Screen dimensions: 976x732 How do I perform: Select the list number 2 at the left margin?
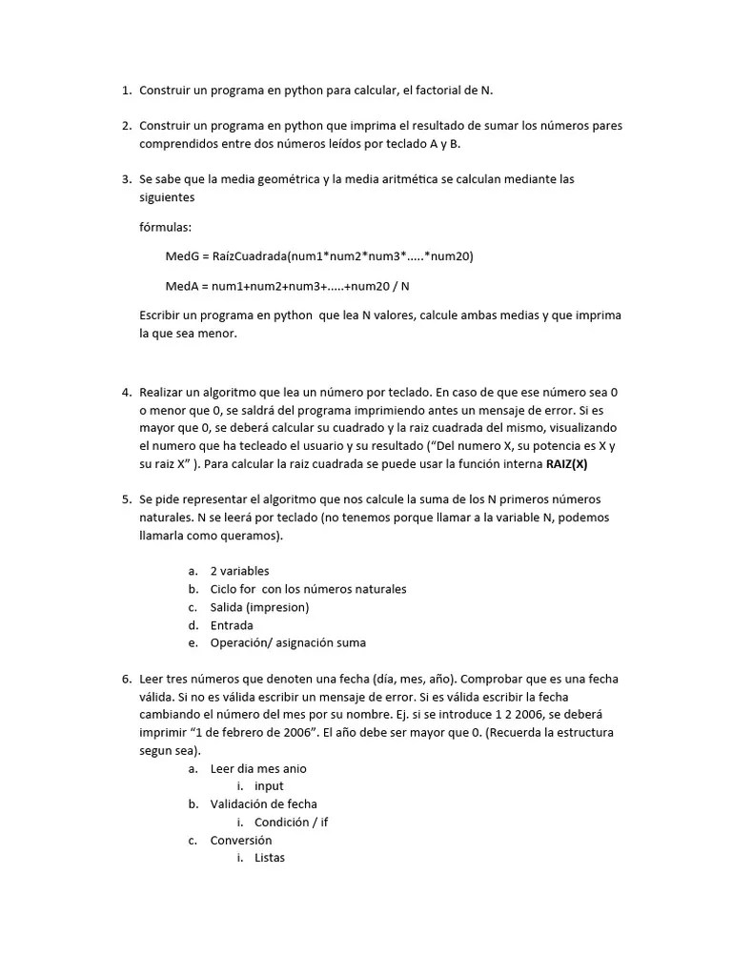coord(125,126)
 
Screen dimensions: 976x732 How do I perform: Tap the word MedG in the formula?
coord(181,256)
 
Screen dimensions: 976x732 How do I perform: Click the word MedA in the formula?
coord(181,286)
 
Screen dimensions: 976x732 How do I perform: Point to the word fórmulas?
coord(165,227)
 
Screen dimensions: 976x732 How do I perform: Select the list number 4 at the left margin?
coord(125,392)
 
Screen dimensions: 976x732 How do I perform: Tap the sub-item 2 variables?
coord(239,571)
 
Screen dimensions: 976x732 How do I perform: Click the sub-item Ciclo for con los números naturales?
coord(308,589)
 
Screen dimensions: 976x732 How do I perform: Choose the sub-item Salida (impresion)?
coord(259,607)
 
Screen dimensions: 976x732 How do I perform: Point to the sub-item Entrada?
coord(232,625)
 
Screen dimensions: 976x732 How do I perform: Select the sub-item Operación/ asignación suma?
coord(288,643)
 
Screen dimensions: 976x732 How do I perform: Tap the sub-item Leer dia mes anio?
coord(258,768)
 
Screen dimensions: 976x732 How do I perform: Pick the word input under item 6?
coord(269,786)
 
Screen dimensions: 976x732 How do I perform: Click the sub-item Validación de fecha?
coord(264,804)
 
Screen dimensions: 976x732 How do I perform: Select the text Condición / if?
coord(291,822)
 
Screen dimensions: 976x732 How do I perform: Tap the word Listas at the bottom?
coord(270,858)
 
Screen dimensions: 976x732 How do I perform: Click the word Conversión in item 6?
coord(241,840)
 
